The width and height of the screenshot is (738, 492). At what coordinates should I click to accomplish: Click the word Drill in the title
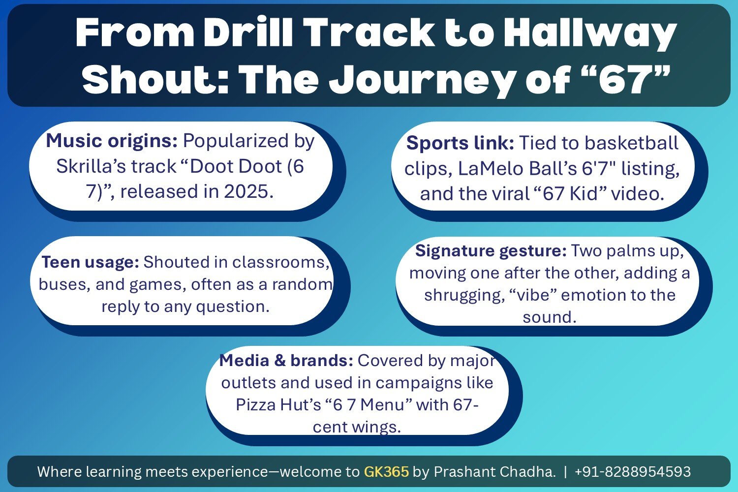tap(249, 33)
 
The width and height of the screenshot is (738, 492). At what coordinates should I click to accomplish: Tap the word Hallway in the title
tap(590, 33)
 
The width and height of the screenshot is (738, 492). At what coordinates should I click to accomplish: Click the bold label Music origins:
tap(112, 141)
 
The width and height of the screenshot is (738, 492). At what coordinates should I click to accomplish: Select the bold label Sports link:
tap(460, 143)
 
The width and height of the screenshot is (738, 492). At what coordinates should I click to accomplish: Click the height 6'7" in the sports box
tap(599, 169)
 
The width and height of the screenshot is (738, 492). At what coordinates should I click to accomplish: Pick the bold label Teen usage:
tap(91, 262)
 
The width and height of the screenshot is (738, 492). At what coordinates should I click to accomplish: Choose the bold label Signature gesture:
tap(491, 251)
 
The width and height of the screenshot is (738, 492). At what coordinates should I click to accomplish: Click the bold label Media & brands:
tap(286, 361)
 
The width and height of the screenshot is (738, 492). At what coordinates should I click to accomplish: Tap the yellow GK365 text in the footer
tap(386, 472)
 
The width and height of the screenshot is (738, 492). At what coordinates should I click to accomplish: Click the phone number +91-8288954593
tap(632, 472)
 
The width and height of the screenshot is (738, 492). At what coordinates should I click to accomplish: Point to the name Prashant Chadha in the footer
tap(494, 472)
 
